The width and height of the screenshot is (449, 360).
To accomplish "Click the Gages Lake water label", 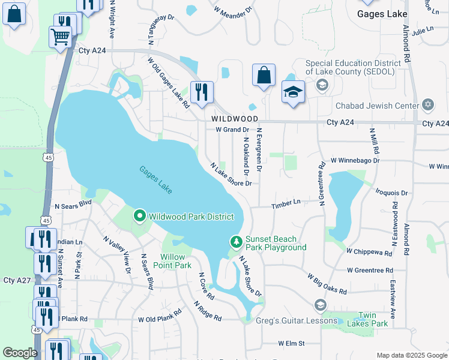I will coord(156,179).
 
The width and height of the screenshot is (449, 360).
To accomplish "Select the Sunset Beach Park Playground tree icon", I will coord(237,241).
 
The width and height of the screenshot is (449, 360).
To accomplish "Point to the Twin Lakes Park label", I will coord(373,319).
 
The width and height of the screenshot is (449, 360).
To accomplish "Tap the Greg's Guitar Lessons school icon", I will coord(320,305).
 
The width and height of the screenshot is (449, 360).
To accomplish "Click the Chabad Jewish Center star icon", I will coord(428,106).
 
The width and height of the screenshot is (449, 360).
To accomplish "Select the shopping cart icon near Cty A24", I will coord(60,37).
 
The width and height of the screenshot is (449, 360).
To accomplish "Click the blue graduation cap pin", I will coord(293,92).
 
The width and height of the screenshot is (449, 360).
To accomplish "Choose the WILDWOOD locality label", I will coord(235,119).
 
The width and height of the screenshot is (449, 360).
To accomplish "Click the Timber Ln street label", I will coord(285,204).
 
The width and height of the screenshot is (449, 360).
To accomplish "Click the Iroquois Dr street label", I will coord(391,193).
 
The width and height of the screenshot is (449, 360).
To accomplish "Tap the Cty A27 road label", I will coord(17,280).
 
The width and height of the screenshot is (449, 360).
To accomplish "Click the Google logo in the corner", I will coord(20,353).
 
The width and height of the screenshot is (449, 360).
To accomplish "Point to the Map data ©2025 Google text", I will coord(411,355).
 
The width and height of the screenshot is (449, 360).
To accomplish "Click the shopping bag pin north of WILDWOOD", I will coord(264,76).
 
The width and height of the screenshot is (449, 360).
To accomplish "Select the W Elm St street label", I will coord(291,343).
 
